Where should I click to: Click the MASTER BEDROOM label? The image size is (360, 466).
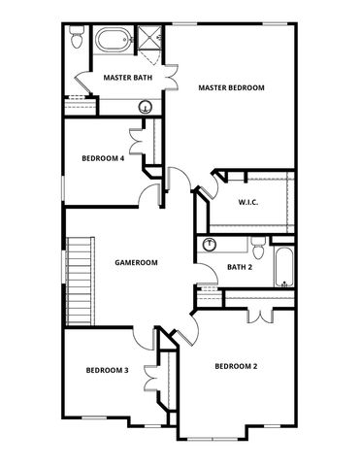pyautogui.click(x=231, y=87)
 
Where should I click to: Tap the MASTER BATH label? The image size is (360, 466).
pyautogui.click(x=126, y=77)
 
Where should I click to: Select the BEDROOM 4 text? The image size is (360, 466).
pyautogui.click(x=103, y=159)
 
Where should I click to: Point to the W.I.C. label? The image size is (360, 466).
pyautogui.click(x=248, y=202)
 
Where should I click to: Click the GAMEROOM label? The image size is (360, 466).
pyautogui.click(x=136, y=262)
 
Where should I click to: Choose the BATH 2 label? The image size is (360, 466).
pyautogui.click(x=240, y=267)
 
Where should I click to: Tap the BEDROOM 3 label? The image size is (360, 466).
pyautogui.click(x=107, y=370)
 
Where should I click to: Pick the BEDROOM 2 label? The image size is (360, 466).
pyautogui.click(x=235, y=366)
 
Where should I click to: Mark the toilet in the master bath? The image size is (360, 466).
pyautogui.click(x=75, y=40)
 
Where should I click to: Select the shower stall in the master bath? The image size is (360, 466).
pyautogui.click(x=150, y=40)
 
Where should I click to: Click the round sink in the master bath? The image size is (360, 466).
pyautogui.click(x=143, y=109)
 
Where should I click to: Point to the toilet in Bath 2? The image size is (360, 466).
pyautogui.click(x=256, y=246)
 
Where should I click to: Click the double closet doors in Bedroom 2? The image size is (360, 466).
pyautogui.click(x=259, y=315)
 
